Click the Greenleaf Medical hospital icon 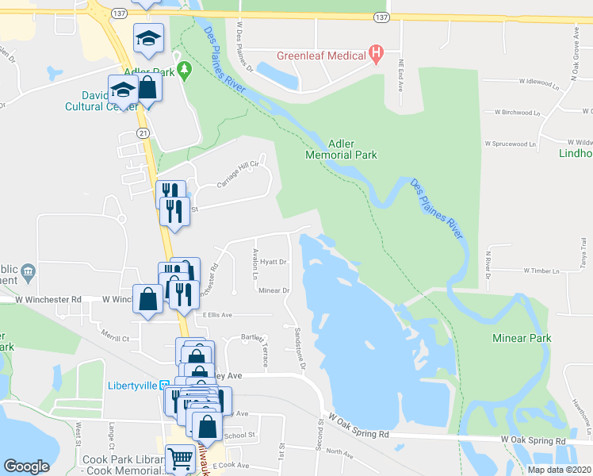[377, 55]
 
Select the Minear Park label [521, 338]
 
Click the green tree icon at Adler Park [185, 71]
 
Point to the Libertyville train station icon [165, 385]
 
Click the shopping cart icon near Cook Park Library [181, 459]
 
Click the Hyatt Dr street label [273, 261]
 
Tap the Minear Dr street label [274, 290]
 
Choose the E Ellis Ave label [217, 315]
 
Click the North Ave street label [339, 452]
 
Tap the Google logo [26, 466]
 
